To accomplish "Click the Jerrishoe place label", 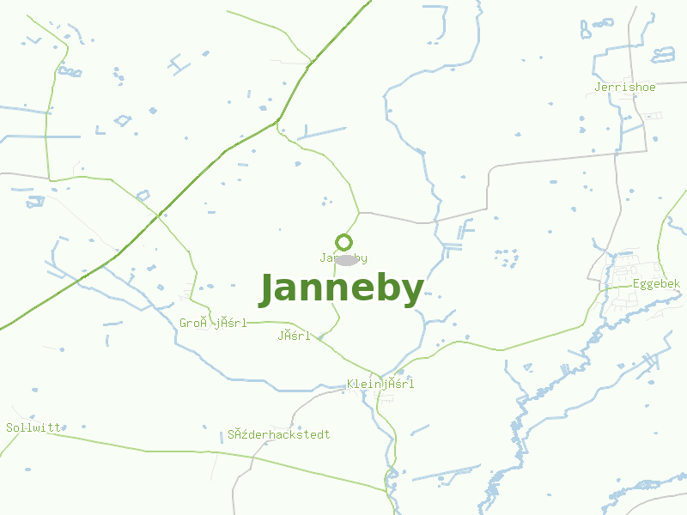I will point(625,88).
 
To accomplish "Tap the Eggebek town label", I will point(656,284).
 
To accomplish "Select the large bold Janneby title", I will point(341,290).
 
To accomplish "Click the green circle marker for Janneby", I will point(344,242).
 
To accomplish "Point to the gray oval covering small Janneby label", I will point(346,259).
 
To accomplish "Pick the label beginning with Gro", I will point(213,324).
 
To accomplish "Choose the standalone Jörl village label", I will point(294,336).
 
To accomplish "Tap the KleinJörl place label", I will point(380,385).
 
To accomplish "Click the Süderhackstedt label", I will point(279,435).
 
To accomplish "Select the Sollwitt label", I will point(33,427).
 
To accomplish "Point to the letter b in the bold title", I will point(384,289).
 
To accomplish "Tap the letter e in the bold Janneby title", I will point(357,292).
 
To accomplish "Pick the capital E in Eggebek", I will point(636,284).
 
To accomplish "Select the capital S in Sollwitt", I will point(9,427).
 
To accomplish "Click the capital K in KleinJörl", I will point(350,385).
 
